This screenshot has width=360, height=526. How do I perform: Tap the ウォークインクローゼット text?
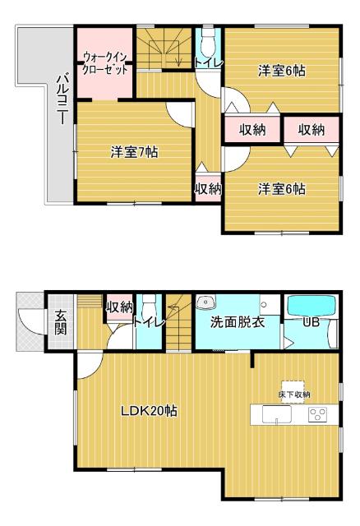(105, 64)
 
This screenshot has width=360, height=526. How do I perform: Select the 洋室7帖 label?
(134, 151)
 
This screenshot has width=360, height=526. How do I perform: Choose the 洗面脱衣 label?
(237, 321)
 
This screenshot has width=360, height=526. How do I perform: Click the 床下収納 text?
(294, 395)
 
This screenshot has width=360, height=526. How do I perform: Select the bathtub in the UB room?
(312, 306)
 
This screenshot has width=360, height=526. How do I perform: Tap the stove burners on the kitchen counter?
(318, 413)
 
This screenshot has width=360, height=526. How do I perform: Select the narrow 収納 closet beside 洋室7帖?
(207, 188)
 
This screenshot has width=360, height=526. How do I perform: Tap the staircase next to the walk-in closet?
(164, 48)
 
